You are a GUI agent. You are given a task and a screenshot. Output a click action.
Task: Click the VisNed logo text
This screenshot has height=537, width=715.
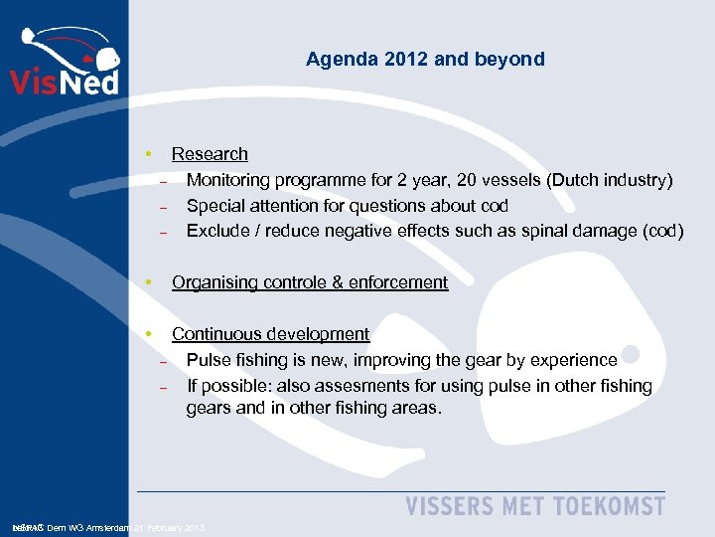64,79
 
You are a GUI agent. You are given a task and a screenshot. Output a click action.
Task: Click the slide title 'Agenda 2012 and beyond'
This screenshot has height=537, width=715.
425,59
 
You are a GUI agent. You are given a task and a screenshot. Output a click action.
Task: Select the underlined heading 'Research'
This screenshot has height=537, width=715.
210,154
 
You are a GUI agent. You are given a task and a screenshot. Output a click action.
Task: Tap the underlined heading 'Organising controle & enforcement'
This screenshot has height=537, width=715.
310,282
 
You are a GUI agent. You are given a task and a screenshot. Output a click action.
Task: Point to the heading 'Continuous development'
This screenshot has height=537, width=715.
270,334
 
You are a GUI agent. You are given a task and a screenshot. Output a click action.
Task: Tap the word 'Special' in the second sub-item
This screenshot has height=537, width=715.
215,206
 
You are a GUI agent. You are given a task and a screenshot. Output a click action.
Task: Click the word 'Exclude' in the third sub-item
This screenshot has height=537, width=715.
217,231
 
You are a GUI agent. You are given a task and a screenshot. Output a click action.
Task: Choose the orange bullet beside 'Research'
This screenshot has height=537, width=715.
147,154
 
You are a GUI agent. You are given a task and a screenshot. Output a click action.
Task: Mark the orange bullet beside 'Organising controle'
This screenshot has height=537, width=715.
147,282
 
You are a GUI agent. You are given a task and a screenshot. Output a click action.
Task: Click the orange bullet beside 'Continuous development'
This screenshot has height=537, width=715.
147,334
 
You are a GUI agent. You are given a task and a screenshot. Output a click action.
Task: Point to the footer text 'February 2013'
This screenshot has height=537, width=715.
175,527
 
